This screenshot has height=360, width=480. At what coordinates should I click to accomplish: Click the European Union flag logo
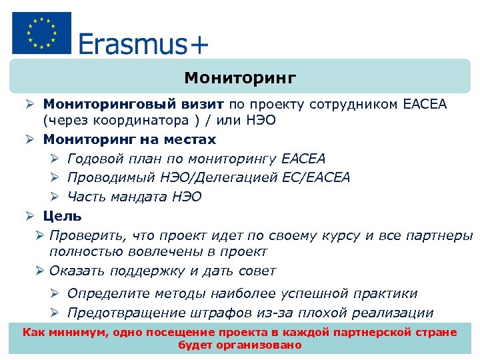[41, 33]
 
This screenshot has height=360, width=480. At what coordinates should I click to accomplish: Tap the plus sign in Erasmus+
[198, 45]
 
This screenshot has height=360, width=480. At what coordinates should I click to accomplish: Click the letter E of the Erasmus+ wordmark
[87, 44]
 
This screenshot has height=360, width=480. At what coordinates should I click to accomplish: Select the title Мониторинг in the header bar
[240, 78]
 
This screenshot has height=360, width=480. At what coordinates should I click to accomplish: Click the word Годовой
[95, 159]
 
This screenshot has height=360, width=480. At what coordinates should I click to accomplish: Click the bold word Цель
[63, 216]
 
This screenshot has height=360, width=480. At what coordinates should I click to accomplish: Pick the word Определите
[108, 293]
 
